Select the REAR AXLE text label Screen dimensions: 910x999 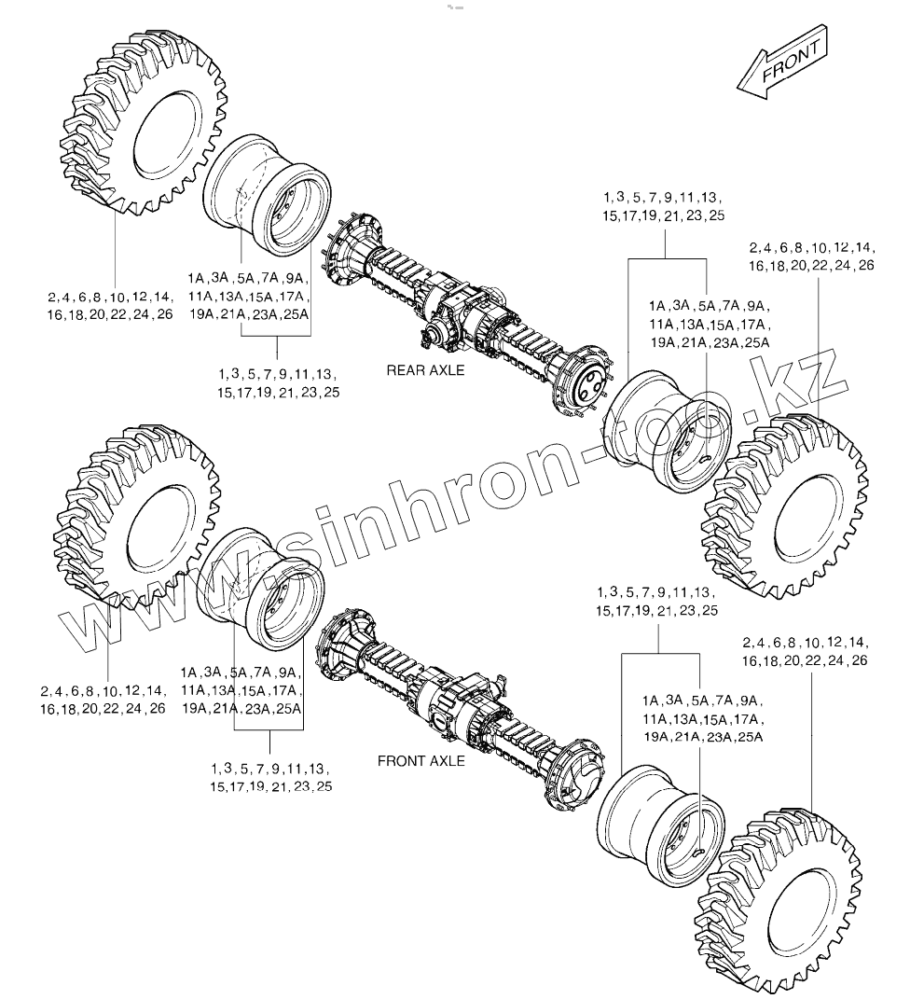(425, 370)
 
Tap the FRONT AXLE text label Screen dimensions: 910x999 (421, 761)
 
